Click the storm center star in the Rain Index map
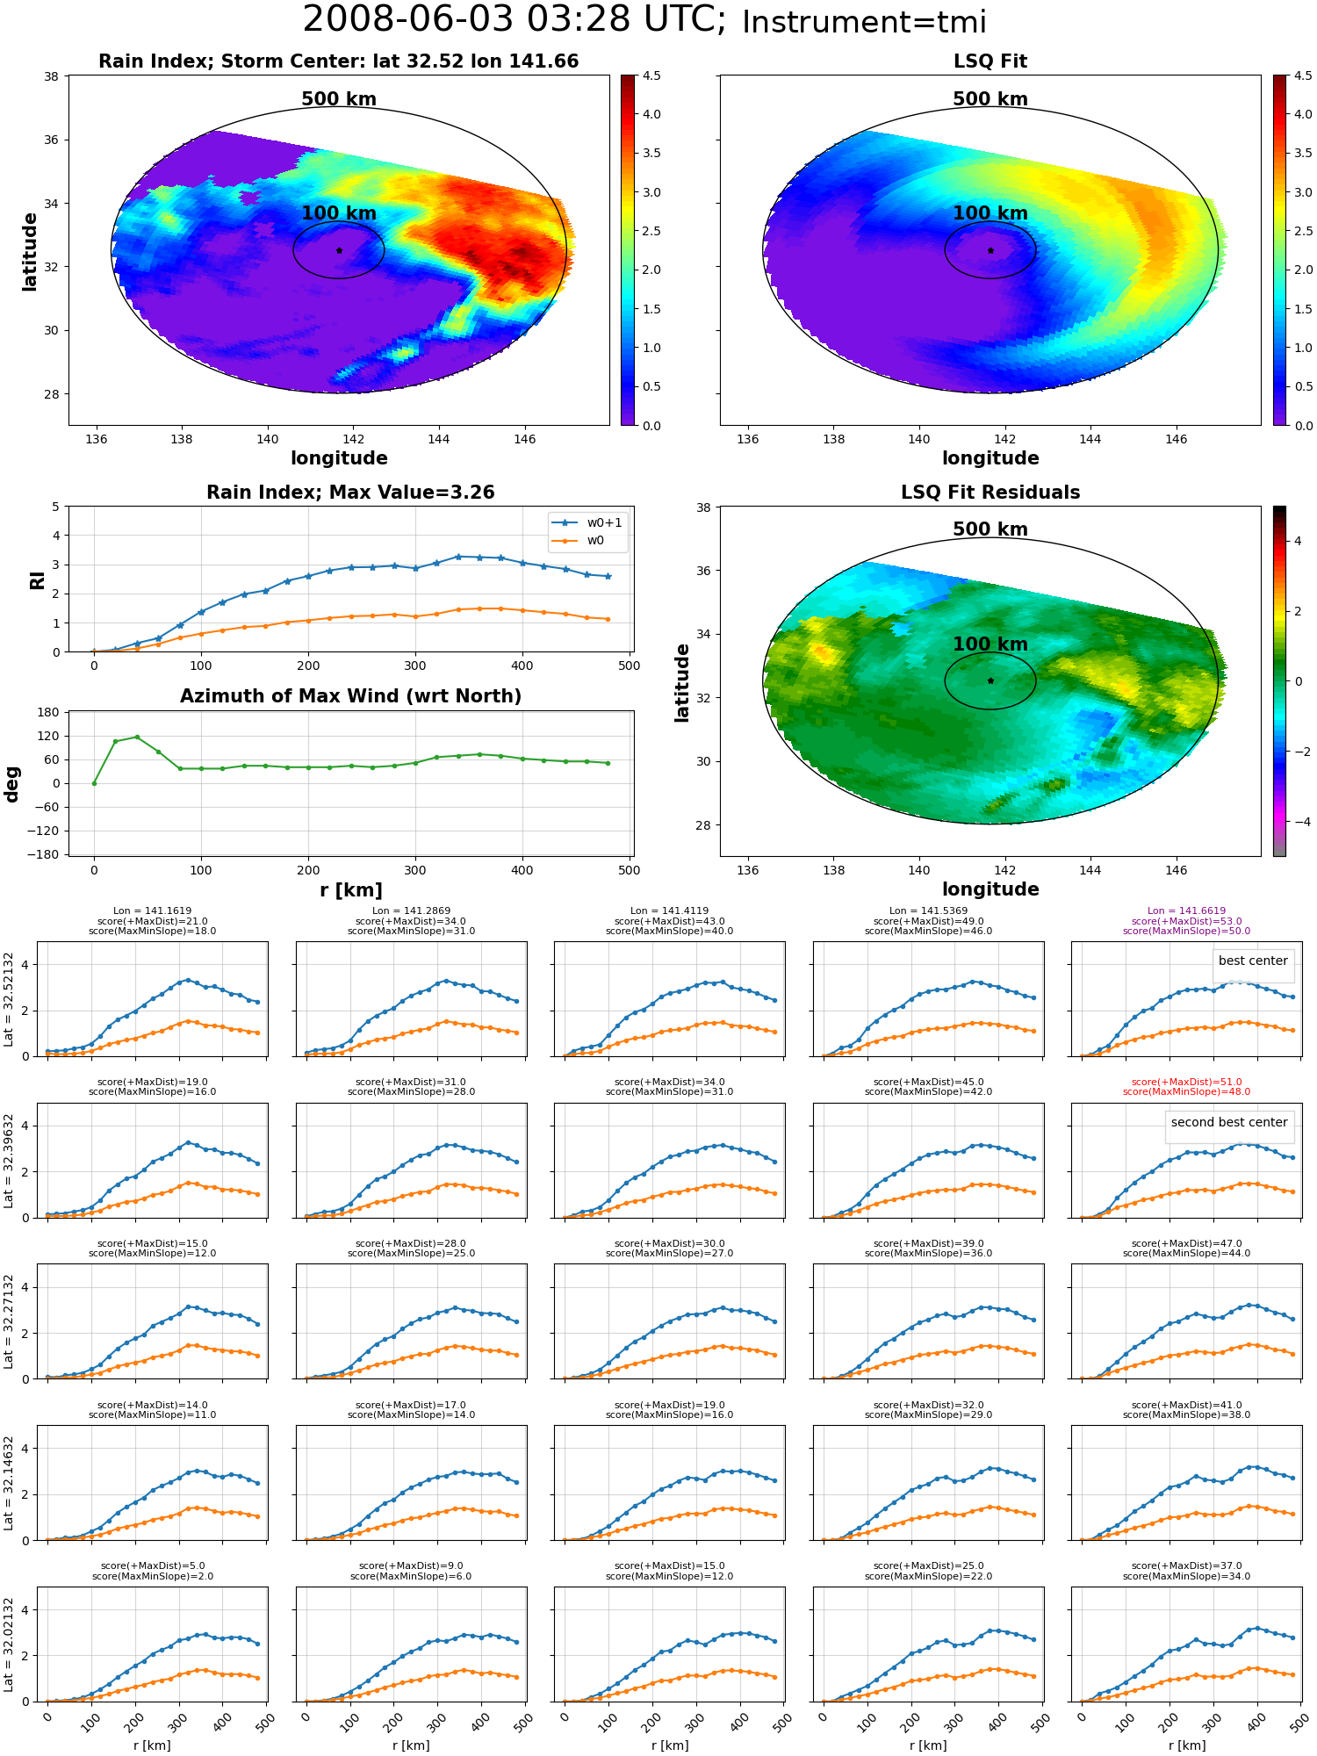[339, 250]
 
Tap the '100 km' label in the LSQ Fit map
[990, 213]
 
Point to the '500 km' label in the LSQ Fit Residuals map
[990, 529]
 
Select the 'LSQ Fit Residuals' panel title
[990, 493]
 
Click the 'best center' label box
[1253, 961]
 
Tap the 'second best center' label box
[1229, 1122]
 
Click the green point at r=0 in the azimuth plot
[94, 783]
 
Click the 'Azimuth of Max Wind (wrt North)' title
[351, 696]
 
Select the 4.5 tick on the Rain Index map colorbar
[651, 76]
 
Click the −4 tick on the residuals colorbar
[1298, 822]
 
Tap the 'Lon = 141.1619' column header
[153, 911]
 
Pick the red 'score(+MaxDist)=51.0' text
[1187, 1083]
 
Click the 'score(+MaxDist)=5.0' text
[153, 1566]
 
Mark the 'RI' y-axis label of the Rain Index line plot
[38, 580]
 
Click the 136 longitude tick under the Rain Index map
[96, 439]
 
